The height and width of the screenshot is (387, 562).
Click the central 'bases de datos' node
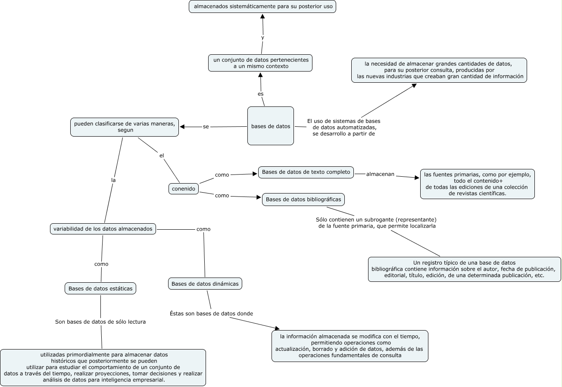tap(271, 126)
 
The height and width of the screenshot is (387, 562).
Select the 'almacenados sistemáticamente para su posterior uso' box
tap(262, 7)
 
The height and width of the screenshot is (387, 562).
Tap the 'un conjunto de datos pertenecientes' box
tap(260, 63)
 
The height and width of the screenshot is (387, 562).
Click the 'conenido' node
tap(184, 189)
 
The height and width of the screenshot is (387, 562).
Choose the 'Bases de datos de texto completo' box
tap(306, 172)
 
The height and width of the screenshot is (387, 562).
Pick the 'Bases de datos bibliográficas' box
tap(303, 200)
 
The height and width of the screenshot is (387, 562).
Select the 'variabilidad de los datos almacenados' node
tap(103, 229)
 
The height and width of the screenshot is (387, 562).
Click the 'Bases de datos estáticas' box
tap(100, 288)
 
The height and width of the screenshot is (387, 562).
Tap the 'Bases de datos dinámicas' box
tap(205, 284)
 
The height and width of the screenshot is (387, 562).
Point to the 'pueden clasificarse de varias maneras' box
tap(125, 127)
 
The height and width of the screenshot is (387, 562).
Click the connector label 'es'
tap(260, 94)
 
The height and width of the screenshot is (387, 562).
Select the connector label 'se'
tap(206, 127)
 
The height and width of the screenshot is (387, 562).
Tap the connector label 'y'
tap(262, 37)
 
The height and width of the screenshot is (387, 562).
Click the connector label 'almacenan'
tap(380, 174)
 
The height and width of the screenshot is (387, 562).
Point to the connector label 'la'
tap(113, 180)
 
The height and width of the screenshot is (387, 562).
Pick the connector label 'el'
tap(162, 156)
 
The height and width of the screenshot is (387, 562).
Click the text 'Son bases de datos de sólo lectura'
tap(100, 321)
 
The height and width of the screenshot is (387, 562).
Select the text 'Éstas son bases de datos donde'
tap(211, 313)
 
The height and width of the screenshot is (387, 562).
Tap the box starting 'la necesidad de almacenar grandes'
tap(439, 70)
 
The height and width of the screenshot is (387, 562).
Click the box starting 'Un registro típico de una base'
tap(464, 269)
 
